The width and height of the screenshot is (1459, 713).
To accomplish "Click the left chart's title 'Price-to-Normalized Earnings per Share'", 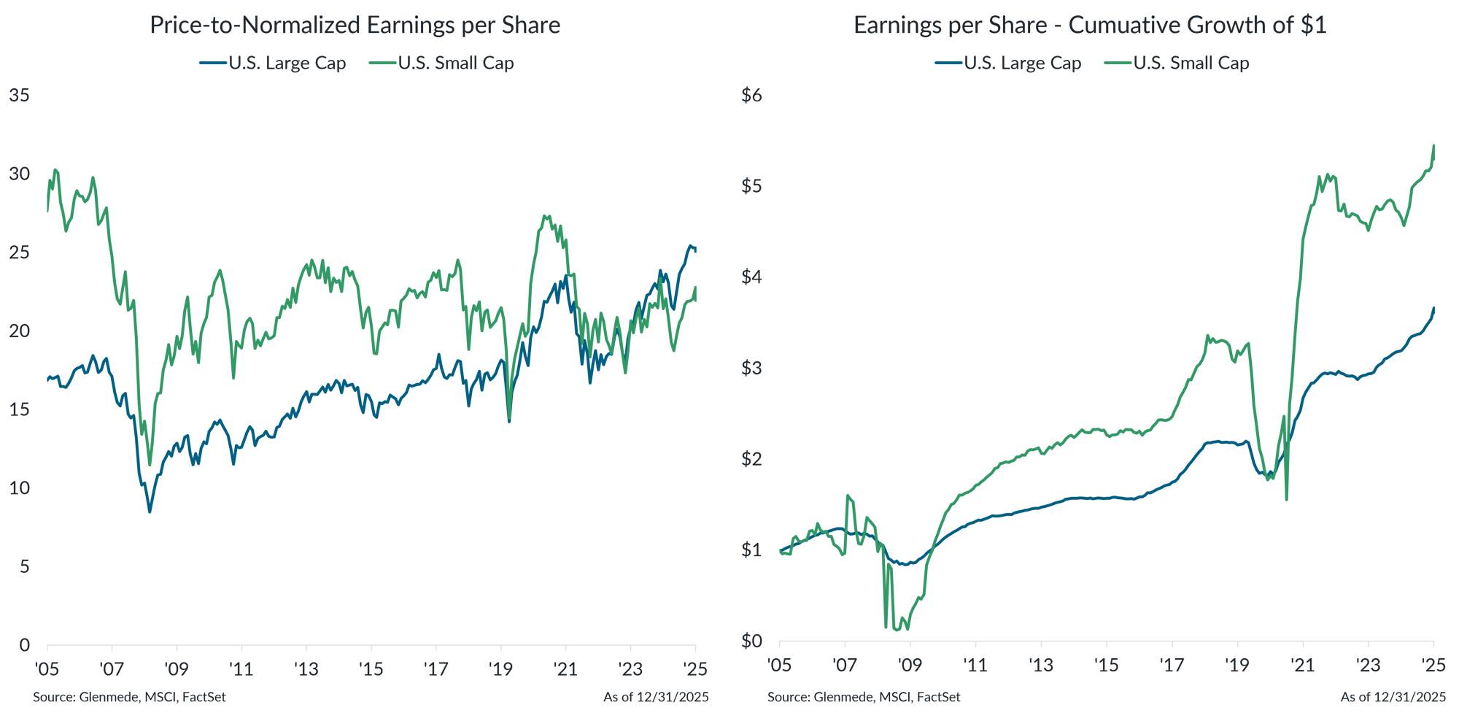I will tap(355, 26).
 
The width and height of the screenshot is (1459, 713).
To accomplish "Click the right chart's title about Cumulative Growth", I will tap(1090, 26).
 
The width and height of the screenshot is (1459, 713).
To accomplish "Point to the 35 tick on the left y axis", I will tap(20, 96).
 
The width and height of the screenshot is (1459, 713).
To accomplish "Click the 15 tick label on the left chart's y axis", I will tap(20, 409).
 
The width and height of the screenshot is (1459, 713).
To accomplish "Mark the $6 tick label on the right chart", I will tap(751, 96).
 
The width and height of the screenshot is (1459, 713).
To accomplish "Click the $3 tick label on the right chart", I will tap(751, 368).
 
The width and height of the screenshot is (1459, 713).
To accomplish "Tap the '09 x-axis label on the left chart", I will tap(177, 668).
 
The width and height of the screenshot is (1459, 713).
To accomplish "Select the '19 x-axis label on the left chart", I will tap(501, 668).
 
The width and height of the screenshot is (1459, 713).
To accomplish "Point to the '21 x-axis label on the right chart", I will tap(1302, 665).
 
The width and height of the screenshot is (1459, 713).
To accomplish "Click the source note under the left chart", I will tap(130, 698).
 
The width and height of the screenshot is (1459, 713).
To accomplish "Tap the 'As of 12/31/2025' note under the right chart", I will tap(1393, 698).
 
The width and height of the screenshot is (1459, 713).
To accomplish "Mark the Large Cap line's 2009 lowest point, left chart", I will tap(150, 511).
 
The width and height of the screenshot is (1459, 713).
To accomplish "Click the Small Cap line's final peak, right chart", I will tap(1433, 145).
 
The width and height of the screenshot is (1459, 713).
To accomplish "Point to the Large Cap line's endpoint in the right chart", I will tap(1434, 309).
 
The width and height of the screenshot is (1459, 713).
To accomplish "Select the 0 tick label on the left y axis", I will tap(25, 645).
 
